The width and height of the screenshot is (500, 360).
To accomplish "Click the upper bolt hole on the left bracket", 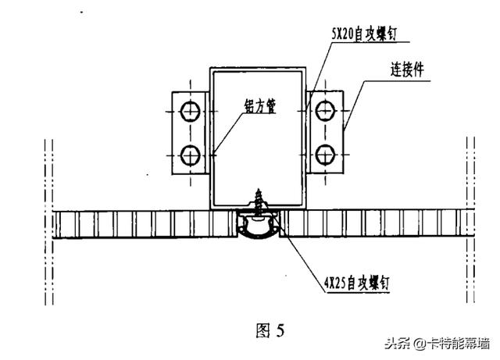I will click(x=188, y=112).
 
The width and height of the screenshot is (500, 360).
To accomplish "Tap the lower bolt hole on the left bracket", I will click(x=188, y=151).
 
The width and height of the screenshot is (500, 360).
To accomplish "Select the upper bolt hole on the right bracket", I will click(x=323, y=112).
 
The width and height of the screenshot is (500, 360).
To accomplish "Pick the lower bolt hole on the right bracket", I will click(x=323, y=151).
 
